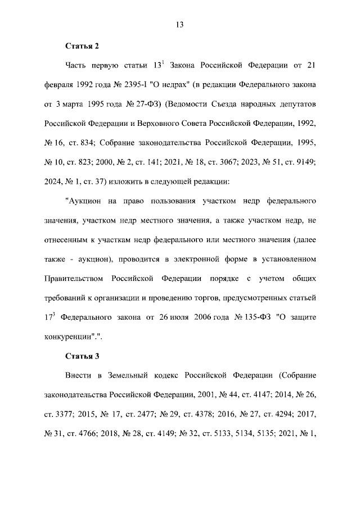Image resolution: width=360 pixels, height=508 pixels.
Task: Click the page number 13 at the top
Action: pyautogui.click(x=180, y=24)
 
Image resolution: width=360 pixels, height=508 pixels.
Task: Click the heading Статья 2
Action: pyautogui.click(x=83, y=45)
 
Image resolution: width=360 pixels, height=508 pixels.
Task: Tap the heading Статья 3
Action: pyautogui.click(x=83, y=356)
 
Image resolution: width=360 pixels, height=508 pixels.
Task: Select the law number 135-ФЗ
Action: pyautogui.click(x=237, y=318)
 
